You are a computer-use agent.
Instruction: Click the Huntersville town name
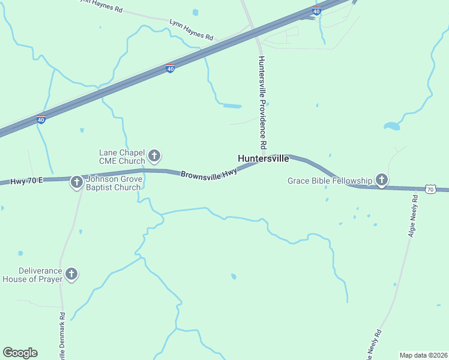pos(264,159)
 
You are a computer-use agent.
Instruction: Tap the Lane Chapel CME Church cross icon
pos(154,157)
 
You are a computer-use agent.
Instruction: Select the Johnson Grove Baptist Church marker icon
pos(76,182)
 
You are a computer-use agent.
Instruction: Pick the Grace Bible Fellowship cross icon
pos(381,179)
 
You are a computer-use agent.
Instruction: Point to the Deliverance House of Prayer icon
pos(71,274)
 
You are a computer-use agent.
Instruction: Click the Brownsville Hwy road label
pos(209,172)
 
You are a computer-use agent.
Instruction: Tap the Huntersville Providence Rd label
pos(262,103)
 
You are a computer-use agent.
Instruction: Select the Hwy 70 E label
pos(26,181)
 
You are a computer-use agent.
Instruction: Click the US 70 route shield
pos(430,190)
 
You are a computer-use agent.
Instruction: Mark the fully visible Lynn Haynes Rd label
pos(191,29)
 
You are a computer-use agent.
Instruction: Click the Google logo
pos(20,353)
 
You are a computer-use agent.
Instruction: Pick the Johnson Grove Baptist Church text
pos(113,183)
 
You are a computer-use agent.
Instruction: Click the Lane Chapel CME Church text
pos(122,157)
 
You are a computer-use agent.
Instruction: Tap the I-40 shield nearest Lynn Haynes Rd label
pos(170,69)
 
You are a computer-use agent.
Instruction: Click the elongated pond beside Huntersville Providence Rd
pos(232,106)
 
